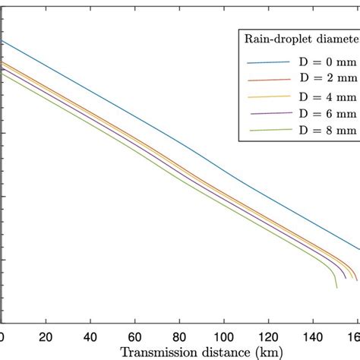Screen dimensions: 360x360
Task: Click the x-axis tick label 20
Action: [x=46, y=337]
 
